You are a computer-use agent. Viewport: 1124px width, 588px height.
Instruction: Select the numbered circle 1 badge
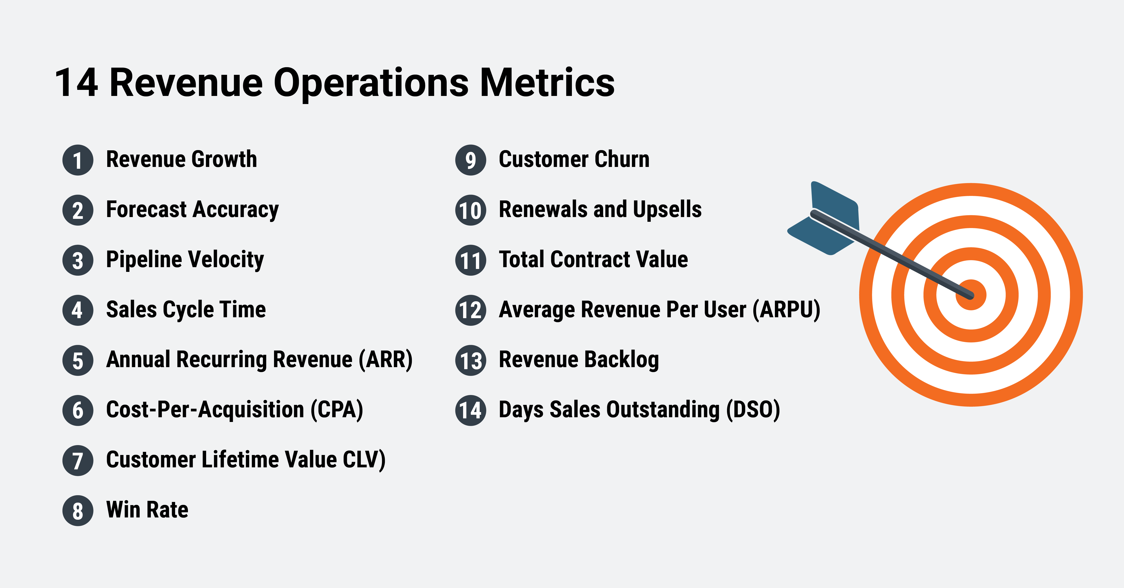[x=78, y=160]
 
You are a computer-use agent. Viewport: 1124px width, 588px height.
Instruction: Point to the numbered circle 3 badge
[x=78, y=260]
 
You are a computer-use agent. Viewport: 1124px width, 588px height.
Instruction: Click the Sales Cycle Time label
[x=186, y=310]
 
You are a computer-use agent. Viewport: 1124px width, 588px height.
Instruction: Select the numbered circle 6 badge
[x=78, y=410]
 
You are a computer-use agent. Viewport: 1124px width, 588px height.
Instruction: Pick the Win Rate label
[x=147, y=510]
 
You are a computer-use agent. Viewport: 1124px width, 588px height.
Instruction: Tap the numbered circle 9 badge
[x=470, y=160]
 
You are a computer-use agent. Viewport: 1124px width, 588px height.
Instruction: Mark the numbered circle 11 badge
[x=470, y=260]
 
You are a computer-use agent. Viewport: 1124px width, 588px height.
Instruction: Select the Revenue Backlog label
[x=579, y=360]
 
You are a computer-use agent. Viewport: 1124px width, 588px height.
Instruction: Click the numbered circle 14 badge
[x=470, y=410]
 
